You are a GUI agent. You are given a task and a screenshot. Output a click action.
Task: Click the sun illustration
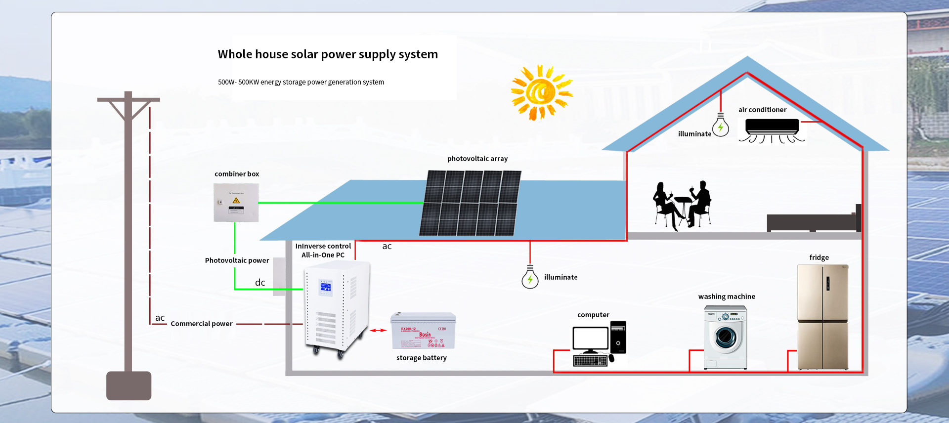tap(541, 92)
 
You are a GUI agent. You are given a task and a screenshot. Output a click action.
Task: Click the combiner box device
tap(236, 203)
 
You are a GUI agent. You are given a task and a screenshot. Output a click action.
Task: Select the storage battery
tap(423, 331)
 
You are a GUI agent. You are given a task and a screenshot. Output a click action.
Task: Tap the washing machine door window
tap(725, 338)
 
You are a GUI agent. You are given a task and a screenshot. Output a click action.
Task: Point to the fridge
tap(823, 317)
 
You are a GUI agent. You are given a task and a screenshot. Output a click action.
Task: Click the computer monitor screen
tap(590, 338)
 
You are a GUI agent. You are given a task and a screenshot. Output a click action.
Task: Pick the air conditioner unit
tap(772, 126)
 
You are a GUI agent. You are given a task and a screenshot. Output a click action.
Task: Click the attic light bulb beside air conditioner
tap(721, 126)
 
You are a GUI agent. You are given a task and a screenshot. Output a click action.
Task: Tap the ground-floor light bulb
tap(530, 279)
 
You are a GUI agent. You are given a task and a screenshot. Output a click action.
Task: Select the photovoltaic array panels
tap(470, 203)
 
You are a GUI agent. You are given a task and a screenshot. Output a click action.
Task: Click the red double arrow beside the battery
tap(379, 330)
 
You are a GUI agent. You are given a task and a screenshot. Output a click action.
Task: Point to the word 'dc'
tap(260, 283)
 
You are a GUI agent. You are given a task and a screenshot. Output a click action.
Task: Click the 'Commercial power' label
tap(202, 324)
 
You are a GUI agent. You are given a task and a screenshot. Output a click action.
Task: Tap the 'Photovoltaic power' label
tap(237, 260)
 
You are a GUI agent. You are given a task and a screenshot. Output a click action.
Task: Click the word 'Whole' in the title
tap(235, 54)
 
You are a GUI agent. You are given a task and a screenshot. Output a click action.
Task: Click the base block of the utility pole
tap(129, 386)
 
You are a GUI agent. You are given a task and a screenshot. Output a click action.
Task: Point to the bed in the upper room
tap(813, 221)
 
